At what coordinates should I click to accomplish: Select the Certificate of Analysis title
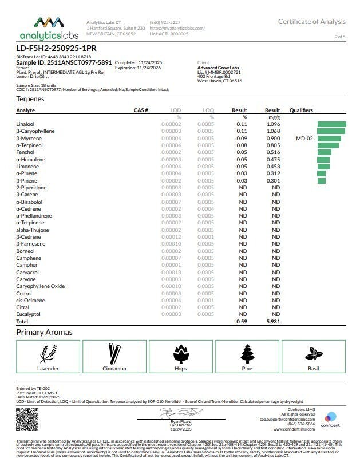click(x=311, y=22)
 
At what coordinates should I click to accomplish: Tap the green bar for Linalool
click(x=331, y=124)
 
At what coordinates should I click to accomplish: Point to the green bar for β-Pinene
click(x=321, y=181)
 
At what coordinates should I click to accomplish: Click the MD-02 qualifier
click(x=304, y=138)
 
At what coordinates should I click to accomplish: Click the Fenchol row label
click(x=25, y=152)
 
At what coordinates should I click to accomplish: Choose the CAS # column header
click(x=141, y=110)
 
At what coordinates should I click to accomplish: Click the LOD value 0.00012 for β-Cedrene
click(x=171, y=237)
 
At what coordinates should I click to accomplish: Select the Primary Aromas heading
click(x=44, y=332)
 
